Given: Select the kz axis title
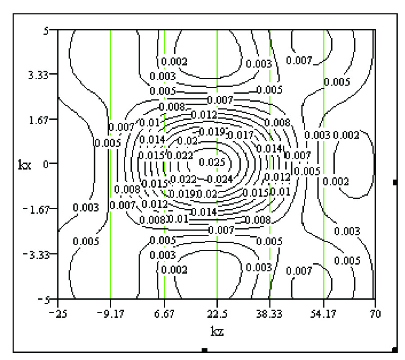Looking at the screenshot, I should [x=217, y=332].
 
